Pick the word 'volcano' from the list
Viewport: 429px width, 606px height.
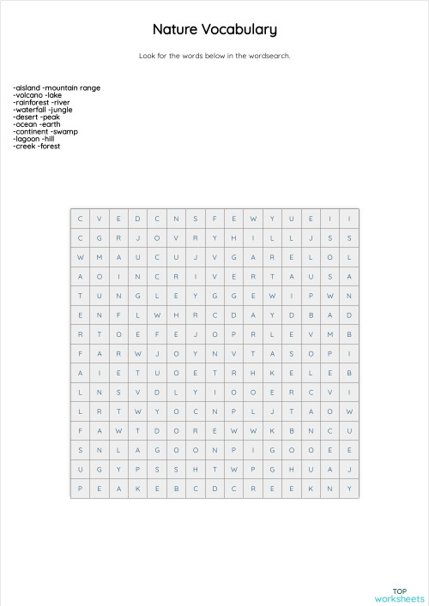point(27,95)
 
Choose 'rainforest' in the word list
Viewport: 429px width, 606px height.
point(31,102)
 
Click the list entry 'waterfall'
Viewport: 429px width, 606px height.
point(30,110)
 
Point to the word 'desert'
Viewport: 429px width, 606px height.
point(26,117)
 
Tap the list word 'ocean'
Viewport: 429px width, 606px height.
point(25,124)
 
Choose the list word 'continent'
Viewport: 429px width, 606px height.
point(31,131)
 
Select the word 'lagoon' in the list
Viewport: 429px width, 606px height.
point(27,139)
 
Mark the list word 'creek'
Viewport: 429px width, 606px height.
point(25,146)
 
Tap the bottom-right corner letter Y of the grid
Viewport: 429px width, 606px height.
point(349,489)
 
